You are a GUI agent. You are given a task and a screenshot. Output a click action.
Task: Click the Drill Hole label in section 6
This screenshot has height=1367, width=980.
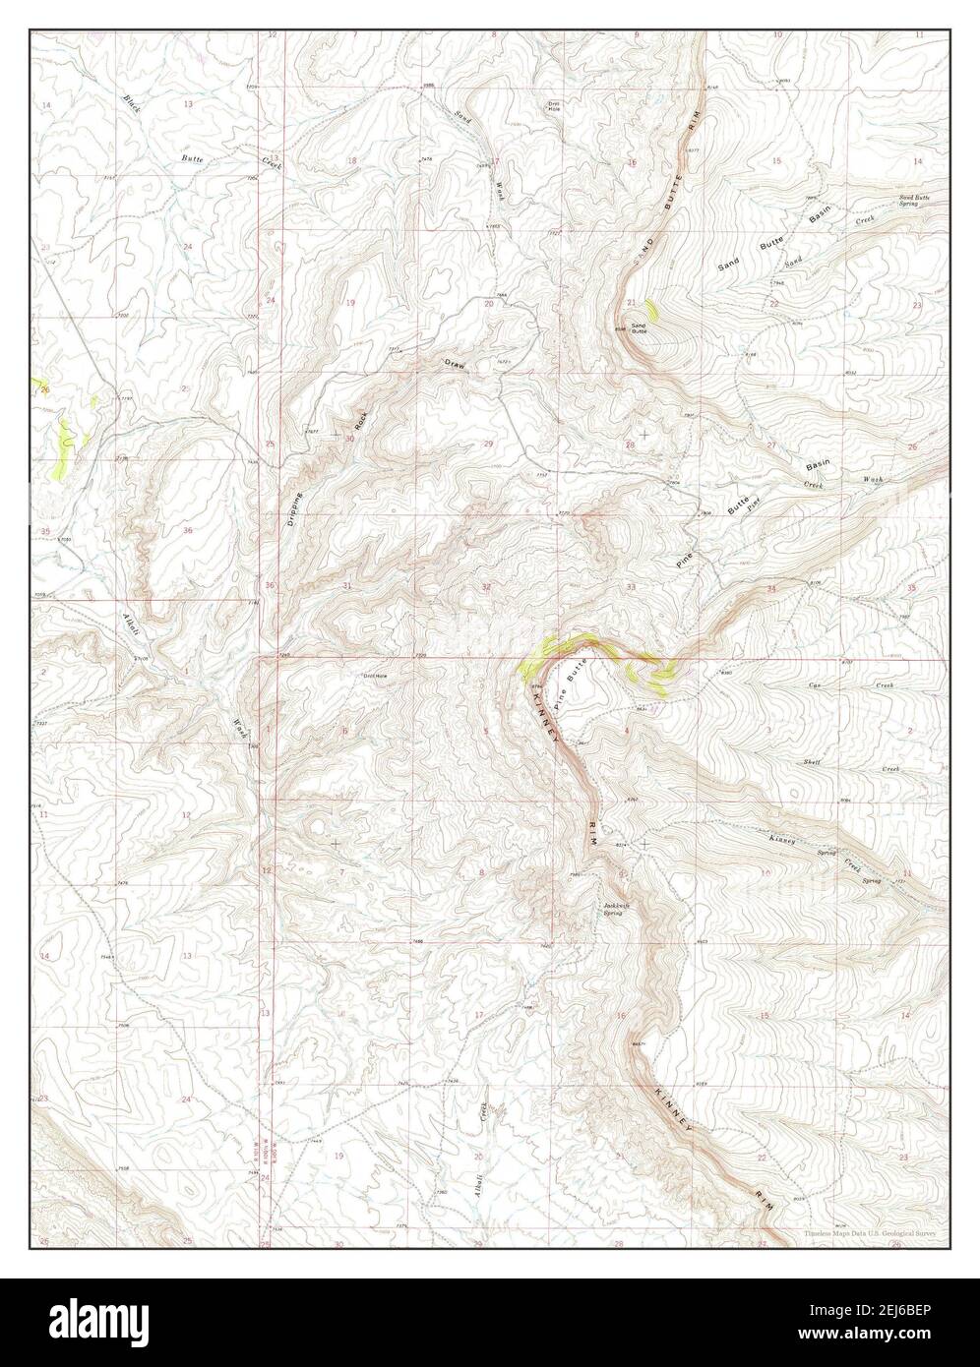coord(378,676)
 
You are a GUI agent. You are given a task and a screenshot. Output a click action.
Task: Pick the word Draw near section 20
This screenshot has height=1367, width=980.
coord(454,365)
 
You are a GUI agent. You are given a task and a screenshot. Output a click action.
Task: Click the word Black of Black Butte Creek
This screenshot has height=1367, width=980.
coord(132,103)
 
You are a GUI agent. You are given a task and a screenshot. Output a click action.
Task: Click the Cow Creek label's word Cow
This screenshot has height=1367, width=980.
coord(816,684)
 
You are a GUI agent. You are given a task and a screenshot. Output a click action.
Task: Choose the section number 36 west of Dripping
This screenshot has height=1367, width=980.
coord(187,530)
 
